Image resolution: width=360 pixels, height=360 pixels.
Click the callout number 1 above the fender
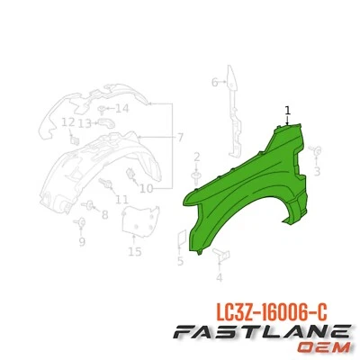(x=288, y=111)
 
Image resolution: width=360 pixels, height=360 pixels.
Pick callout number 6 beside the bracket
(x=214, y=83)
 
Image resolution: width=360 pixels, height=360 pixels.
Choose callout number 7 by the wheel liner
(x=179, y=137)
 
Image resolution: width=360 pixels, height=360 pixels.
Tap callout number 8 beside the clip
(x=103, y=215)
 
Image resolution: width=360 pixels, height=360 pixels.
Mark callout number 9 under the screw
(x=81, y=241)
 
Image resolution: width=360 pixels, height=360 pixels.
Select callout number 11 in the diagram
(x=121, y=199)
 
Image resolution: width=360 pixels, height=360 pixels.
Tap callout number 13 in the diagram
(x=85, y=122)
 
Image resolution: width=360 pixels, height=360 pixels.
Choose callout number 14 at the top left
(x=122, y=108)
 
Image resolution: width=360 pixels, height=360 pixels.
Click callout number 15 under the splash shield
(x=135, y=251)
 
